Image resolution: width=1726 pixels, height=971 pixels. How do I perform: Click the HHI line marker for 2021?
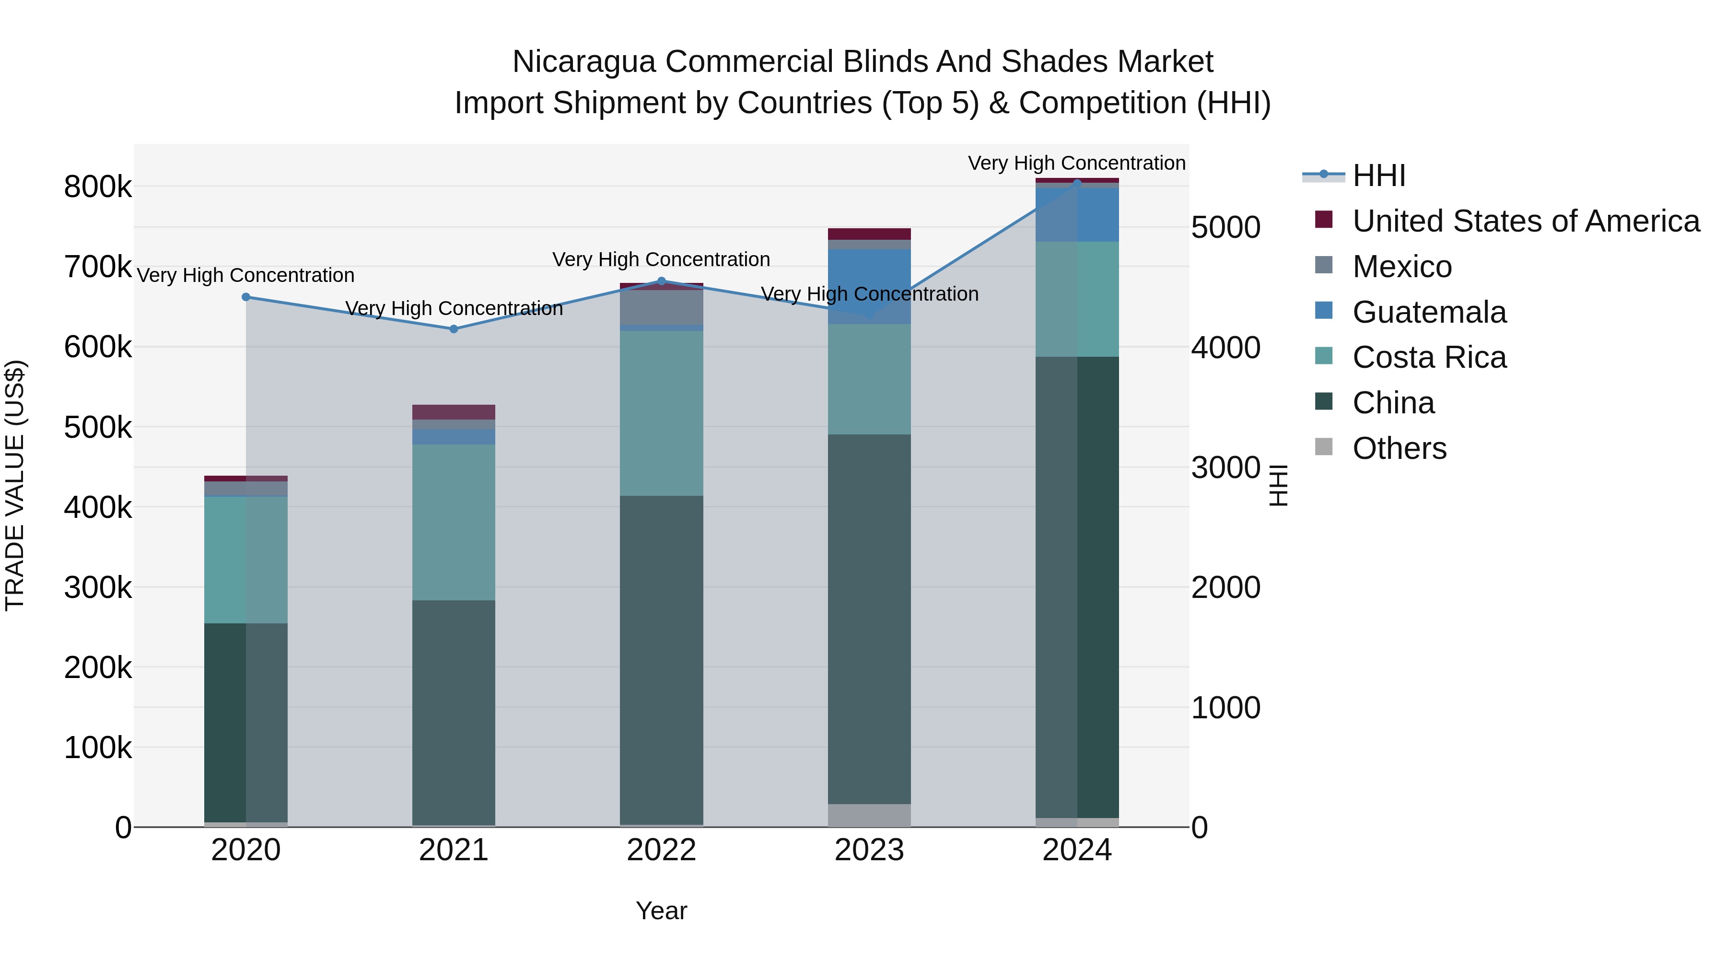point(454,329)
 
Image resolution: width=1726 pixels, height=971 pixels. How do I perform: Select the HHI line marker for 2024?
point(1077,182)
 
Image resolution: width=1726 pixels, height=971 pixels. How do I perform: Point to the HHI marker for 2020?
point(246,297)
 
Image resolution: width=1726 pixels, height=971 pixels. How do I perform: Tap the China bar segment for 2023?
point(869,619)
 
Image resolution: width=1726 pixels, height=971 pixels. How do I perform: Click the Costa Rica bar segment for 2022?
point(661,413)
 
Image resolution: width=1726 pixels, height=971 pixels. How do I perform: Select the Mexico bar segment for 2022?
point(661,307)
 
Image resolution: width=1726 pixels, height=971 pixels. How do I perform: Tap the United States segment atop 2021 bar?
point(454,411)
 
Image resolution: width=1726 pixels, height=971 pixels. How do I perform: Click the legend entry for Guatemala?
point(1429,312)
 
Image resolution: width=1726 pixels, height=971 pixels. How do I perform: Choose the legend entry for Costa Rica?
point(1429,358)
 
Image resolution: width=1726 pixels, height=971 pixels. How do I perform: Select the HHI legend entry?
point(1379,175)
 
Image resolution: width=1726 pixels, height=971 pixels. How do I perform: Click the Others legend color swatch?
point(1324,447)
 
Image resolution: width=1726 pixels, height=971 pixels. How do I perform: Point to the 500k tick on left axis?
point(98,428)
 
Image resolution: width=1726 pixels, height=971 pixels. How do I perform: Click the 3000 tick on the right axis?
point(1225,468)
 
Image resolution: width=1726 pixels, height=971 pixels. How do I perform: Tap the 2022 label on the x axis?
point(661,850)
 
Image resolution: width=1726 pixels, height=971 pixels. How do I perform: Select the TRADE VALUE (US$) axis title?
point(15,485)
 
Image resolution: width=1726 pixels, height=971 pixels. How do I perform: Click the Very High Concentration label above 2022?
point(661,259)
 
